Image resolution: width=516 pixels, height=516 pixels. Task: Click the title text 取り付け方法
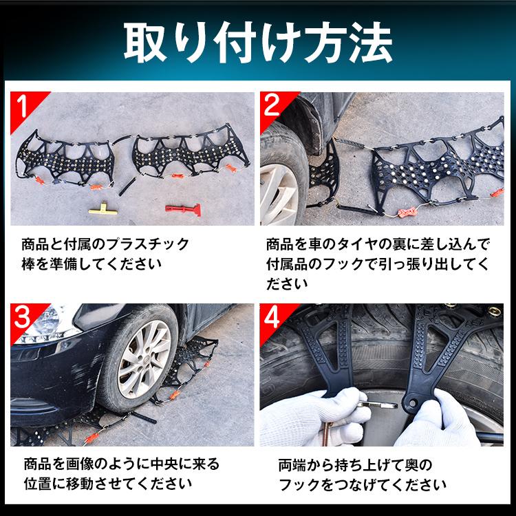[x=257, y=43]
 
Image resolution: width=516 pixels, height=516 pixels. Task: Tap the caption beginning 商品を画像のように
[x=114, y=474]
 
